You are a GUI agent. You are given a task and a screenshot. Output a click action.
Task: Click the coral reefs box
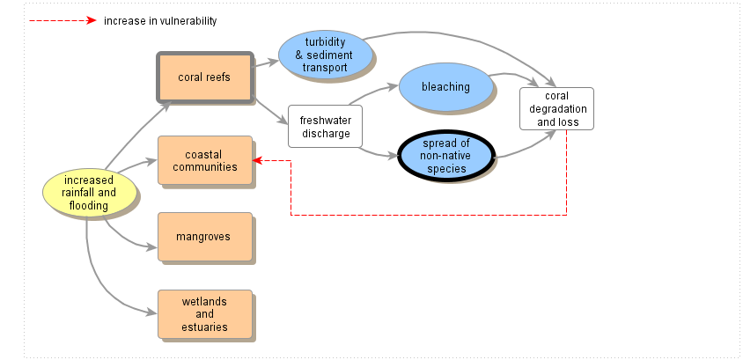click(204, 77)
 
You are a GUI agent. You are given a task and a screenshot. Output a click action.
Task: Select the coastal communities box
click(204, 160)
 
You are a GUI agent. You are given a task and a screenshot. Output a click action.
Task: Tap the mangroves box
click(204, 237)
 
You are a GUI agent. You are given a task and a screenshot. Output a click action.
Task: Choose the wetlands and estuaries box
click(204, 314)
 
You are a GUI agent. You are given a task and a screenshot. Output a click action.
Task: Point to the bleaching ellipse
click(445, 87)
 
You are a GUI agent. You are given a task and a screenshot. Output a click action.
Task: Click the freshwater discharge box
click(325, 127)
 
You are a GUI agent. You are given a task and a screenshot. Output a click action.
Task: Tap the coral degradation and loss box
click(556, 108)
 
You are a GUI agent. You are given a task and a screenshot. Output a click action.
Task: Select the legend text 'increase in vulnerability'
click(159, 20)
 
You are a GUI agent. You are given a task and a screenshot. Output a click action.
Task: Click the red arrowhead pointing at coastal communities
click(257, 160)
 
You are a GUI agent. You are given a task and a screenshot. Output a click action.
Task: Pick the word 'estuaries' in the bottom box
click(204, 327)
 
